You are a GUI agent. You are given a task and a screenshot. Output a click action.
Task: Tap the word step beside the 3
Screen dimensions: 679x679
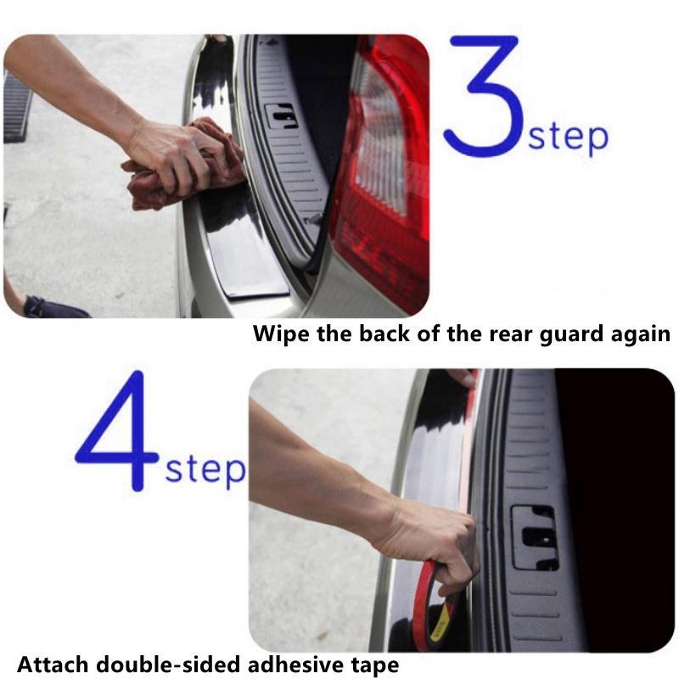(568, 137)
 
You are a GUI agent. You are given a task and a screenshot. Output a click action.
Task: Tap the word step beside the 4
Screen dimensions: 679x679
(205, 471)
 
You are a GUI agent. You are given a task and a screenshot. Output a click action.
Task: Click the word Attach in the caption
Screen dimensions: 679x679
(52, 665)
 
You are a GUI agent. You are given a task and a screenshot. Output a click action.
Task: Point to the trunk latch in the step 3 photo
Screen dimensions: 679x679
(282, 116)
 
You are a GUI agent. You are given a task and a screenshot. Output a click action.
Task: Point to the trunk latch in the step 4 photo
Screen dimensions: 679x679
(535, 538)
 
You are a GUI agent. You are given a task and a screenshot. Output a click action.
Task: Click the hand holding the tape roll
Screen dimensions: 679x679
(433, 546)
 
